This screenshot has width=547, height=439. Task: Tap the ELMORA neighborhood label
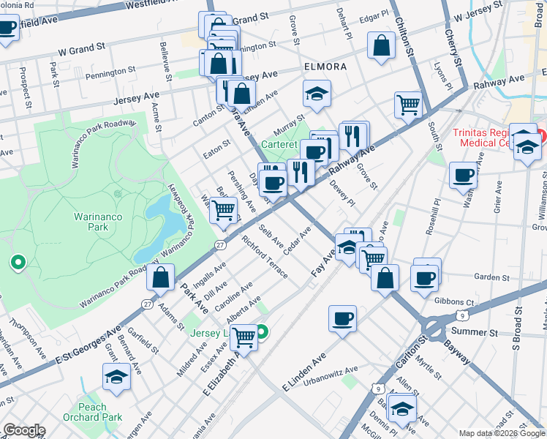point(325,67)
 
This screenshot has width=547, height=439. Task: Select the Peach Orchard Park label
point(102,412)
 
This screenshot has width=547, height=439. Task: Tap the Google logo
point(23,430)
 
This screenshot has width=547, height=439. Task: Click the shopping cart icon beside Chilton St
point(408,104)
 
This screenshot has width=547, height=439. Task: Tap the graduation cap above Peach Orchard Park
point(116,376)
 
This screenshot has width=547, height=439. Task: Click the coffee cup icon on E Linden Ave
point(342,318)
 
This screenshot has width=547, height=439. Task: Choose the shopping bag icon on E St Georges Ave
point(160,277)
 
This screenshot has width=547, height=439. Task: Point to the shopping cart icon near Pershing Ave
point(225,210)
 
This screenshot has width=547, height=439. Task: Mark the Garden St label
point(491,277)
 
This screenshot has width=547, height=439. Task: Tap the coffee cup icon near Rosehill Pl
point(464,176)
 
